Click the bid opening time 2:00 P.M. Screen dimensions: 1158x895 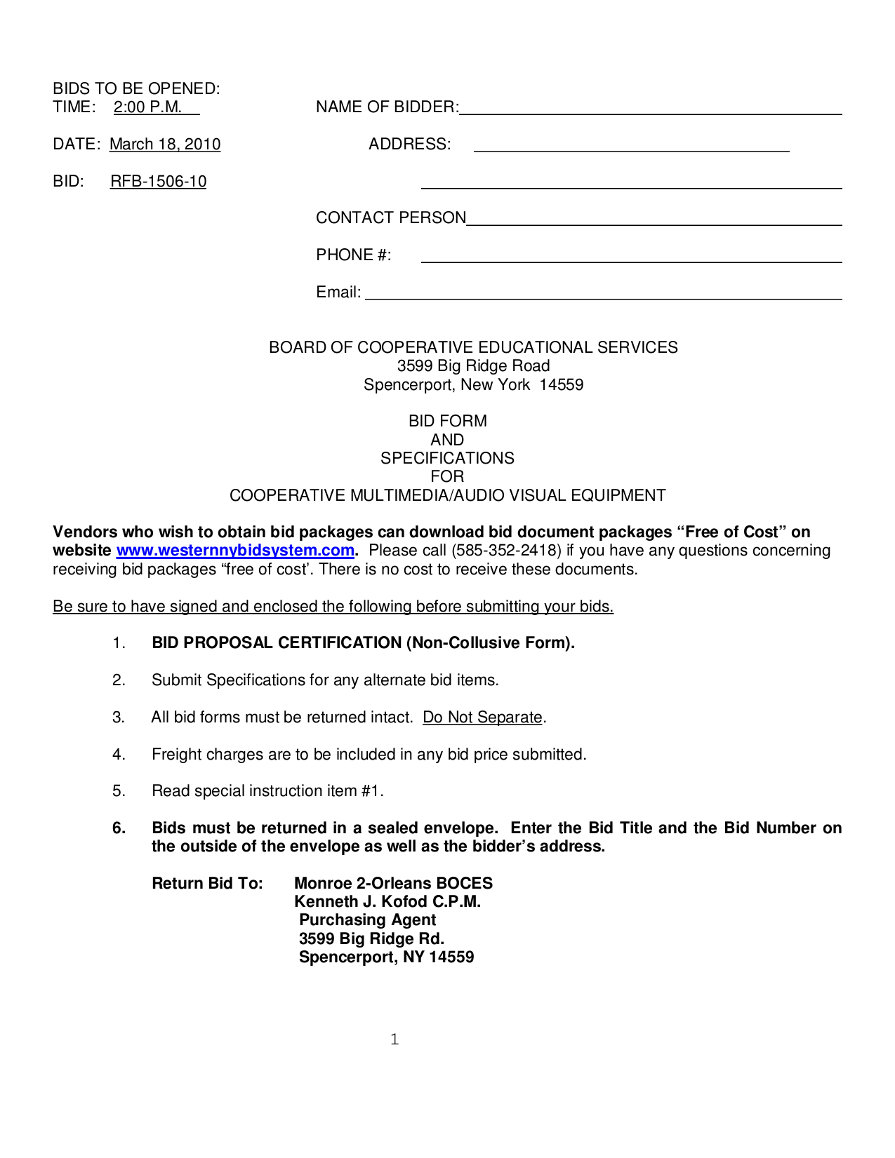pyautogui.click(x=148, y=107)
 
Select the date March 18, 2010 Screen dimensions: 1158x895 pyautogui.click(x=165, y=144)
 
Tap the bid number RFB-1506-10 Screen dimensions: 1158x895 pyautogui.click(x=159, y=182)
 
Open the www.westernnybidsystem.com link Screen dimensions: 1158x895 pyautogui.click(x=235, y=551)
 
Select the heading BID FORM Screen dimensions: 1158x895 pyautogui.click(x=448, y=422)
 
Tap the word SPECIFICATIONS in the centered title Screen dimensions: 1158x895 pyautogui.click(x=448, y=459)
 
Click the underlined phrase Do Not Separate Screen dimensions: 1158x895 pyautogui.click(x=482, y=718)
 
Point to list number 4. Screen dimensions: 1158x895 pyautogui.click(x=119, y=755)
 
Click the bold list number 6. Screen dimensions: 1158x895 pyautogui.click(x=119, y=828)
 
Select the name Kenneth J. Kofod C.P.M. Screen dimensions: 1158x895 pyautogui.click(x=387, y=902)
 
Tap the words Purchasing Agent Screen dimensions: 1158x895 pyautogui.click(x=367, y=920)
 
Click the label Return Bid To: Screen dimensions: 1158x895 pyautogui.click(x=207, y=884)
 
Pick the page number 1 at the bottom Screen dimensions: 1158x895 pyautogui.click(x=395, y=1039)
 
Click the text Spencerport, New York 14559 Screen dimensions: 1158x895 pyautogui.click(x=473, y=385)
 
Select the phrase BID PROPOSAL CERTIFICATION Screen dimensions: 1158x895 pyautogui.click(x=277, y=643)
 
